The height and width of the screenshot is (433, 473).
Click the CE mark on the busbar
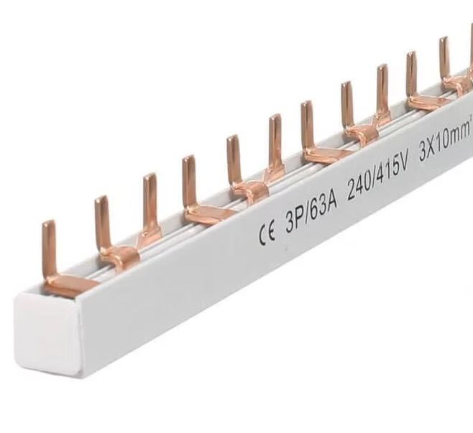pos(266,233)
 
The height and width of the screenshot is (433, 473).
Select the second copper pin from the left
pos(101,223)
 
